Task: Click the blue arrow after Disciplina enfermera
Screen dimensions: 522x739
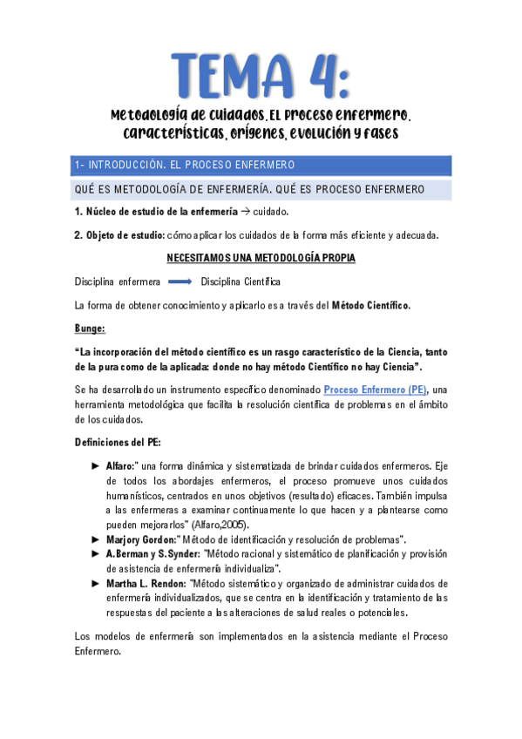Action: (x=180, y=281)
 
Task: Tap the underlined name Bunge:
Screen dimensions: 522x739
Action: (x=90, y=328)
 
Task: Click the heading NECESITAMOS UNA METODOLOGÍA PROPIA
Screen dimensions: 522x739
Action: (x=261, y=258)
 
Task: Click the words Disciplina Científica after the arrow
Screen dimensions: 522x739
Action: (x=241, y=281)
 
